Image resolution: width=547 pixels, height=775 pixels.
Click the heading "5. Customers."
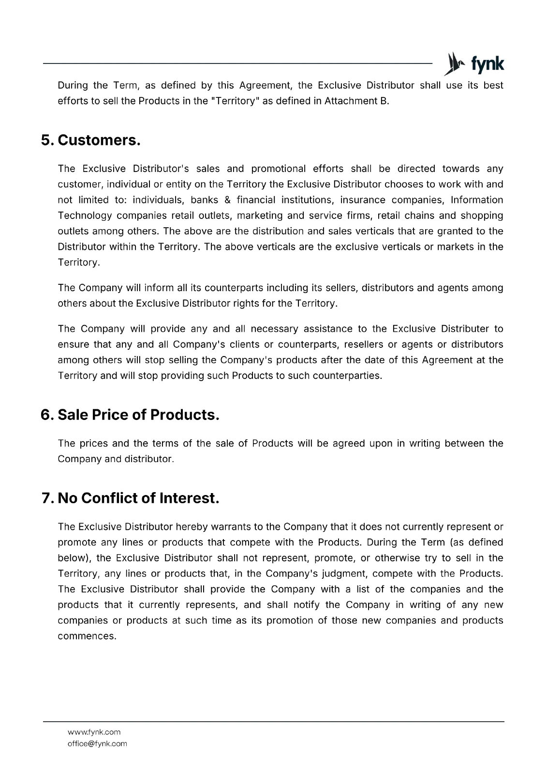coord(91,140)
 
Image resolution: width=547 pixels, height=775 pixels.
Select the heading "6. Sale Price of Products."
coord(130,415)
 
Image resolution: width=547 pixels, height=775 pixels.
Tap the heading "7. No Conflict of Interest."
coord(131,498)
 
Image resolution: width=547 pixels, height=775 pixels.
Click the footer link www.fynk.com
coord(94,732)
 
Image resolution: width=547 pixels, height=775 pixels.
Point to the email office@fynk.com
coord(97,744)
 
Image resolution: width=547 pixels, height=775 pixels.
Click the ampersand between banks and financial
coord(227,200)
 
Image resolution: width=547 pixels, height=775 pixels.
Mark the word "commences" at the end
coord(87,636)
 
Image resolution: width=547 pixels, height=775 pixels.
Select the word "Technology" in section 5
coord(85,216)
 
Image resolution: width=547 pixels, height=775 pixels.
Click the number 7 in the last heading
coord(47,498)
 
